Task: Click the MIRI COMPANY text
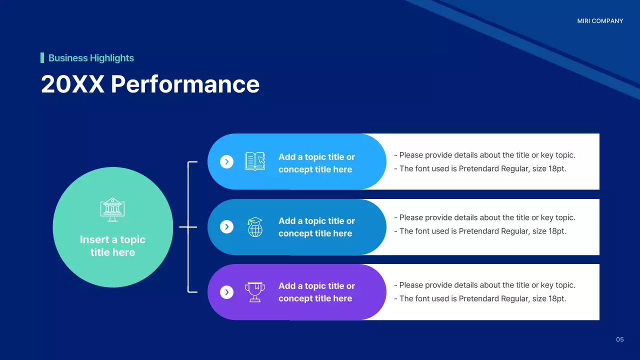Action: pyautogui.click(x=600, y=21)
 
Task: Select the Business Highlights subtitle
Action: pyautogui.click(x=91, y=58)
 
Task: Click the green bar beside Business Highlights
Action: pyautogui.click(x=42, y=58)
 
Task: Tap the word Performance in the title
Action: pyautogui.click(x=185, y=84)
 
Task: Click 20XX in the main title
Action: pyautogui.click(x=72, y=84)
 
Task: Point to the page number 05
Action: pyautogui.click(x=620, y=339)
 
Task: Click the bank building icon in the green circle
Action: pyautogui.click(x=112, y=209)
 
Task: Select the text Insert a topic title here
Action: pyautogui.click(x=112, y=246)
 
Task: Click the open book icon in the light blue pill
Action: pyautogui.click(x=255, y=161)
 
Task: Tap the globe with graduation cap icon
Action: pyautogui.click(x=255, y=227)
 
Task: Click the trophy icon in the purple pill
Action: pyautogui.click(x=255, y=292)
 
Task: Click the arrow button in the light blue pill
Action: pyautogui.click(x=227, y=161)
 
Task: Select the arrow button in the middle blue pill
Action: pyautogui.click(x=227, y=227)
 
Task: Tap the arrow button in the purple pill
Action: pyautogui.click(x=227, y=292)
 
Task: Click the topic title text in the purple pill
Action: pyautogui.click(x=316, y=292)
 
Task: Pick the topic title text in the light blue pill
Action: pyautogui.click(x=316, y=163)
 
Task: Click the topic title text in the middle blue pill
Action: pyautogui.click(x=316, y=227)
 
